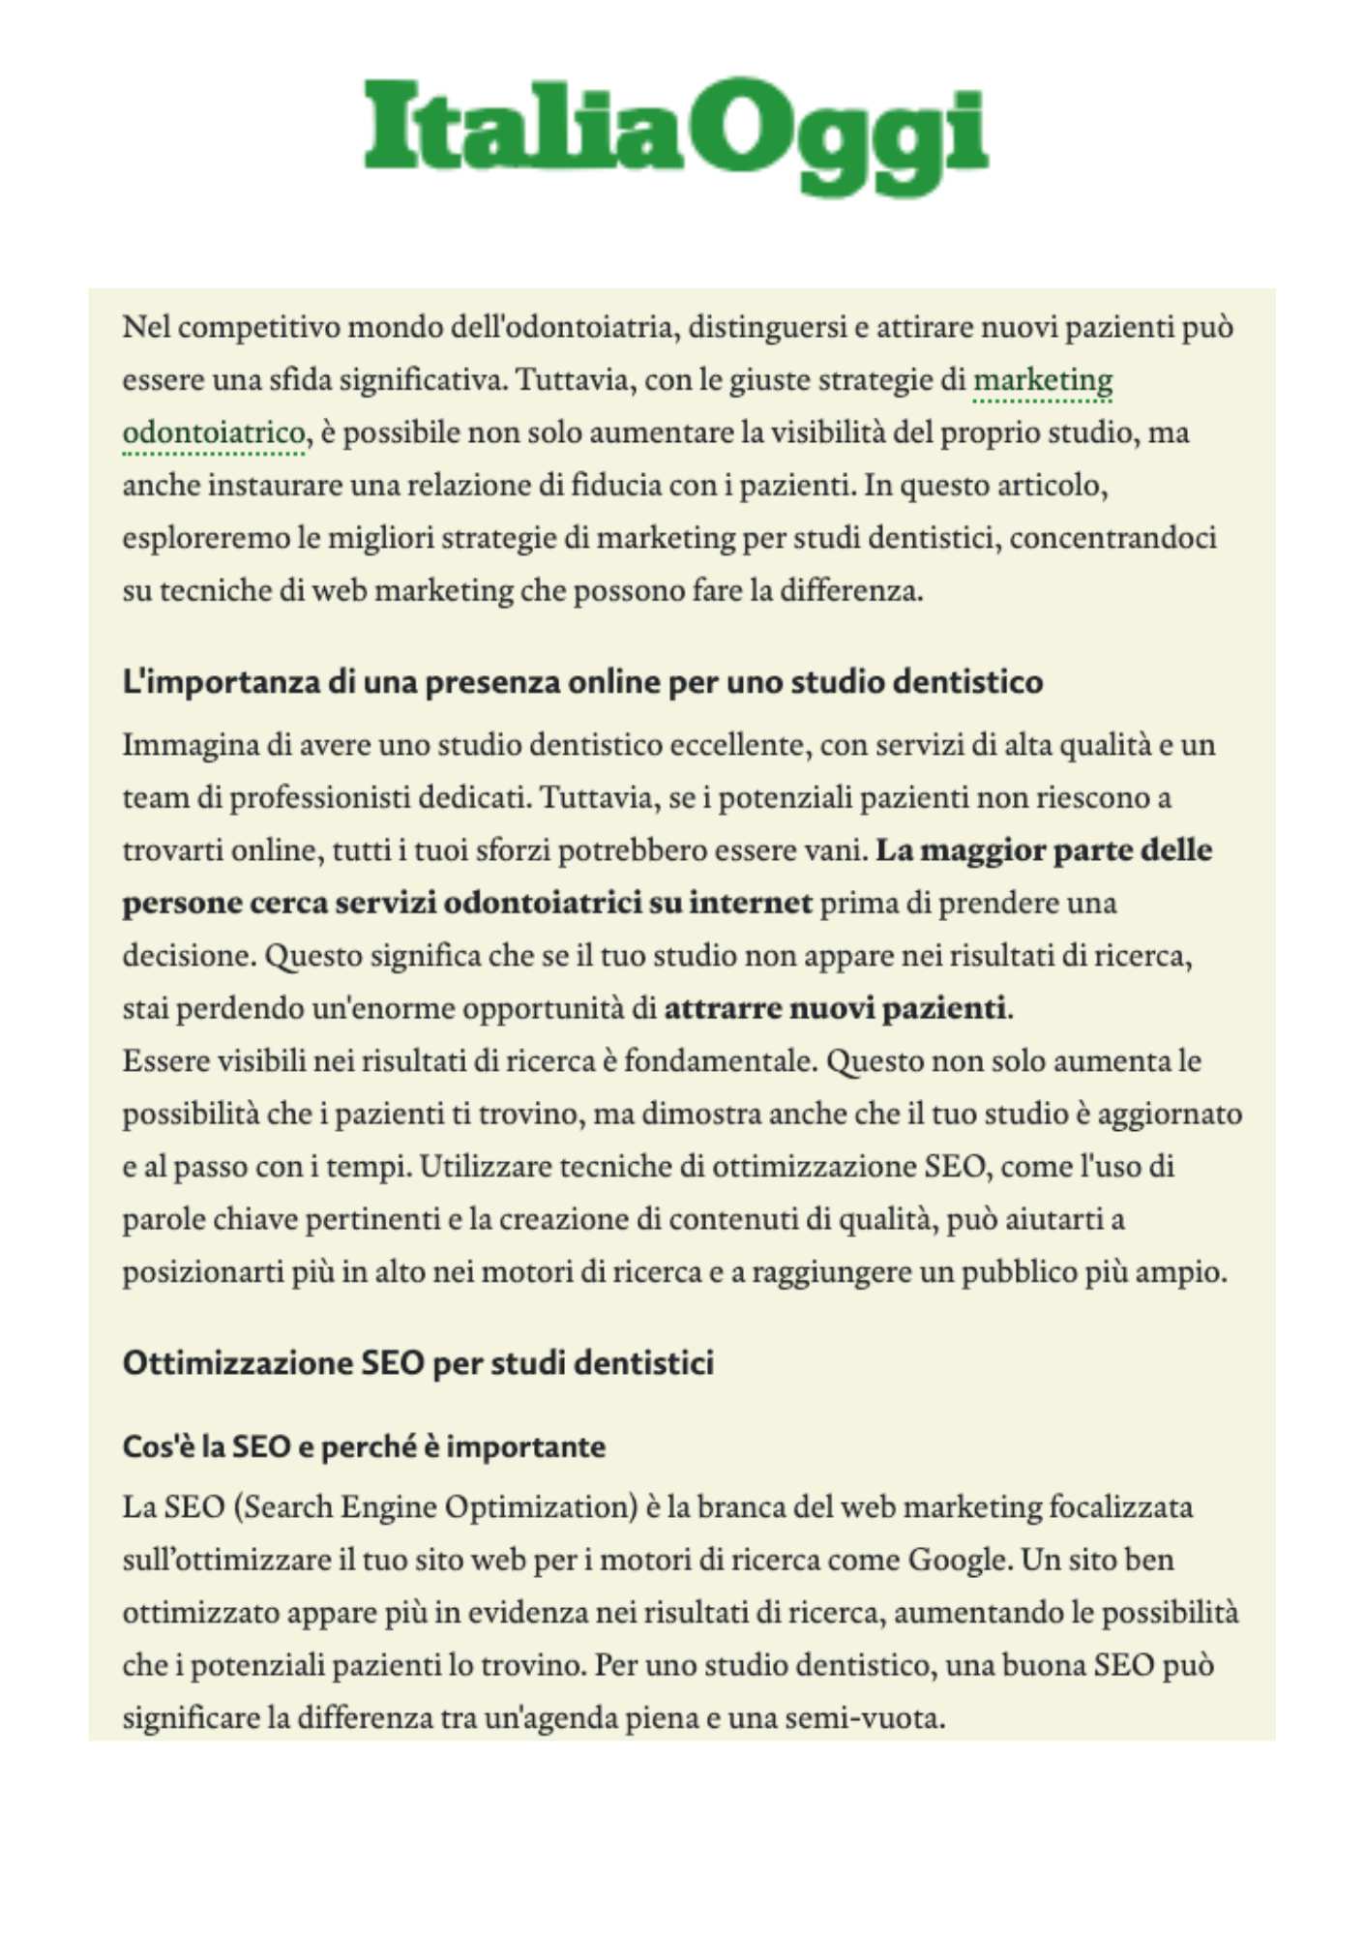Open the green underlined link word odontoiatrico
[x=214, y=432]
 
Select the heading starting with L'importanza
[x=582, y=682]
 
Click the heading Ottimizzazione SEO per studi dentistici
[x=418, y=1363]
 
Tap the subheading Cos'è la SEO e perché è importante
[x=364, y=1446]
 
